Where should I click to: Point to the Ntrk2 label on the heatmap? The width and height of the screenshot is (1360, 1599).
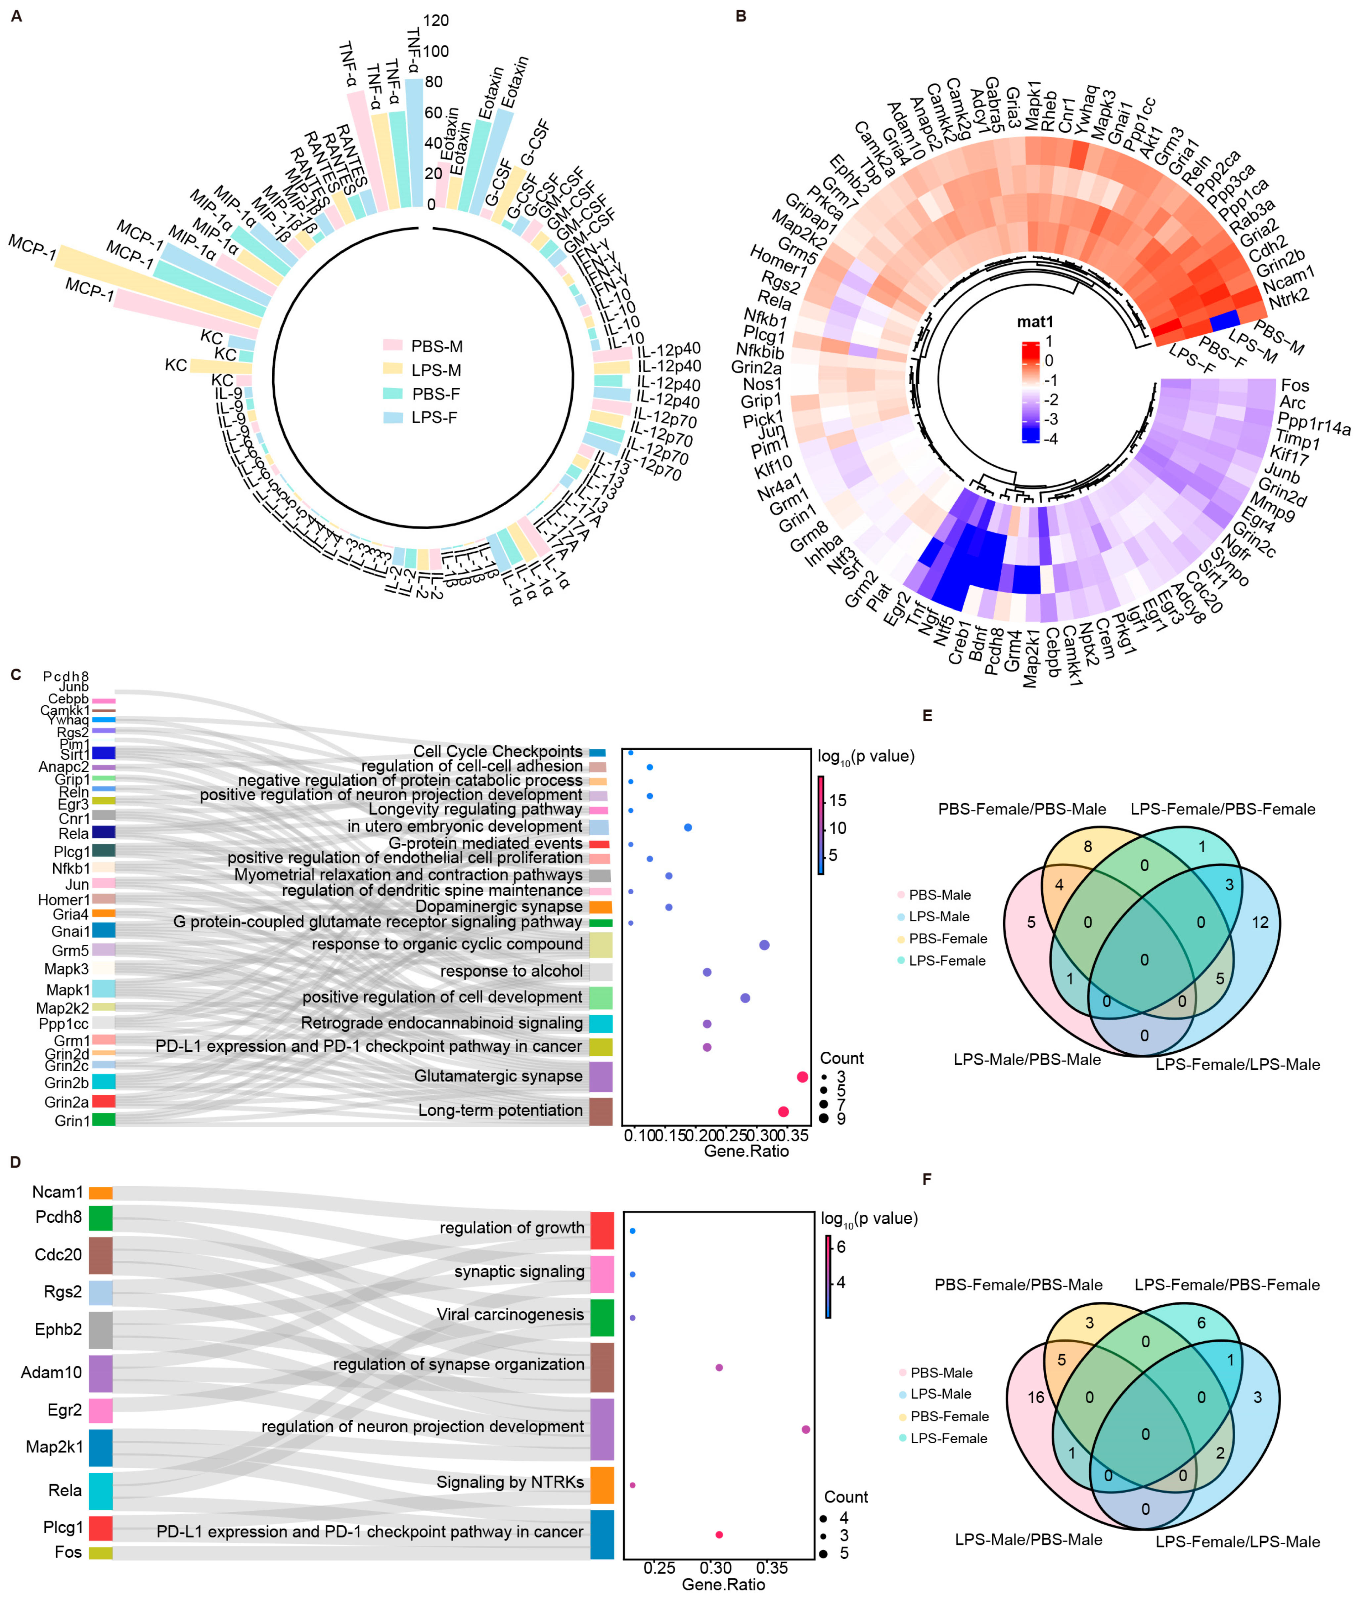[1289, 297]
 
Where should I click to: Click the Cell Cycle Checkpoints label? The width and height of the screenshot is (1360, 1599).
[498, 751]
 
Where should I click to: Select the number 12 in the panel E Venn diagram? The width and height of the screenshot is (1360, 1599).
[1260, 922]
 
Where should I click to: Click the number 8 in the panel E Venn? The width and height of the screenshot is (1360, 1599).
[1088, 847]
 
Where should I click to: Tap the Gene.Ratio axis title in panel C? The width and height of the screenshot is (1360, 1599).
[746, 1151]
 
